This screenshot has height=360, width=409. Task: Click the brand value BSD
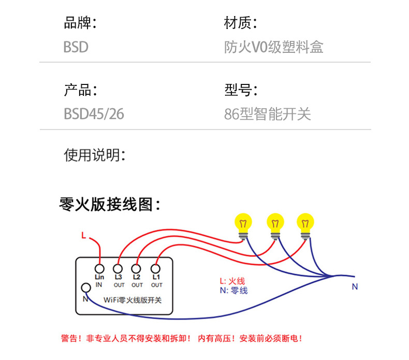pyautogui.click(x=76, y=47)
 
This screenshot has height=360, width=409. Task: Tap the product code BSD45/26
pyautogui.click(x=94, y=113)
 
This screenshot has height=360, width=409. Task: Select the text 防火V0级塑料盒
pyautogui.click(x=273, y=47)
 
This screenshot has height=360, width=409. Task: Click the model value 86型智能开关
pyautogui.click(x=267, y=113)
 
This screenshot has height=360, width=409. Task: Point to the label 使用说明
pyautogui.click(x=94, y=154)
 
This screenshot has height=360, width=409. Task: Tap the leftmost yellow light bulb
pyautogui.click(x=243, y=224)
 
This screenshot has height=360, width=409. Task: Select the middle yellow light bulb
pyautogui.click(x=275, y=224)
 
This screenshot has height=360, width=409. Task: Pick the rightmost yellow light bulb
pyautogui.click(x=305, y=224)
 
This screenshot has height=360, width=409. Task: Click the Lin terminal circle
pyautogui.click(x=99, y=269)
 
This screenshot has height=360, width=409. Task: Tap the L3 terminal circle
pyautogui.click(x=118, y=269)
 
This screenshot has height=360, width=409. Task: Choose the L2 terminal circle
pyautogui.click(x=137, y=269)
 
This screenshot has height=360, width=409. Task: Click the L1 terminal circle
pyautogui.click(x=155, y=269)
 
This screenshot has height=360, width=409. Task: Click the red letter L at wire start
pyautogui.click(x=83, y=236)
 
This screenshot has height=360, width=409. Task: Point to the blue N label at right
pyautogui.click(x=355, y=286)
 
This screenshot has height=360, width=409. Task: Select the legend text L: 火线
pyautogui.click(x=232, y=281)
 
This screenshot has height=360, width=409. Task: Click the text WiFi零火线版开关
pyautogui.click(x=133, y=300)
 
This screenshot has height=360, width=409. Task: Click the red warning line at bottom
pyautogui.click(x=181, y=338)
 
